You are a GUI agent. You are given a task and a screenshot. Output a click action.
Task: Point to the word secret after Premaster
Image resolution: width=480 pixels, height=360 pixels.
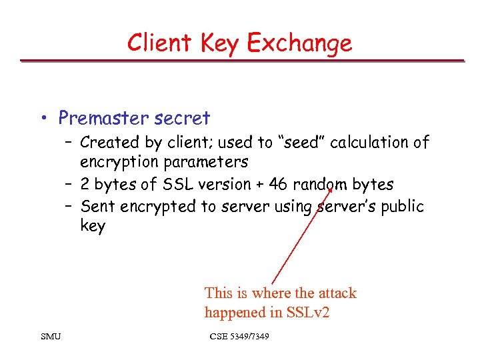click(x=181, y=119)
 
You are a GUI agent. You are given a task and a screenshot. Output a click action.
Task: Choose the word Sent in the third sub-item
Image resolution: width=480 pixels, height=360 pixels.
click(x=98, y=207)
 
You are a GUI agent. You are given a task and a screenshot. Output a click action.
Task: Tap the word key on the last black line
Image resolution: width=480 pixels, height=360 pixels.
click(x=93, y=227)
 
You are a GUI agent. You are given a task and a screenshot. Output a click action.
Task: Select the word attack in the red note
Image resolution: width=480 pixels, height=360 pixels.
click(x=335, y=293)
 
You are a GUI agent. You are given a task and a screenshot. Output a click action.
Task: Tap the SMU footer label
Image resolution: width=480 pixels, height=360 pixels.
click(x=50, y=337)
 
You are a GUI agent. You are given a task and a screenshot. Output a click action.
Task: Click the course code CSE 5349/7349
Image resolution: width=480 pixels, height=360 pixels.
click(x=239, y=337)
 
